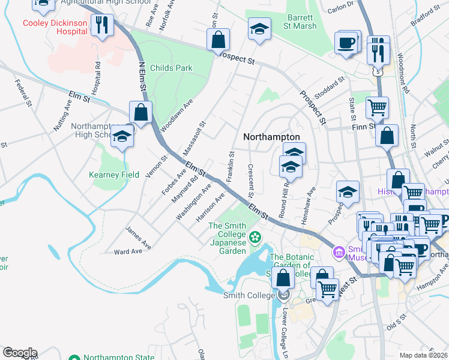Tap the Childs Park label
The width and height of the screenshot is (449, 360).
(x=171, y=68)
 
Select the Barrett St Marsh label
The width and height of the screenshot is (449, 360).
(x=301, y=22)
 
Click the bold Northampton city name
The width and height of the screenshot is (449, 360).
(x=271, y=137)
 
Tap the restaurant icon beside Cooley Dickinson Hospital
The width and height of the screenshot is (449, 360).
(x=102, y=25)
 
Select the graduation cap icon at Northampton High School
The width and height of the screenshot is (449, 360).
(x=122, y=136)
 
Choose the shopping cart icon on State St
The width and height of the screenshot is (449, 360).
(x=377, y=108)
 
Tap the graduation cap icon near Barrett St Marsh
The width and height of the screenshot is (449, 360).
(x=259, y=28)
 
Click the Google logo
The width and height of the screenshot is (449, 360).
(x=19, y=352)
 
